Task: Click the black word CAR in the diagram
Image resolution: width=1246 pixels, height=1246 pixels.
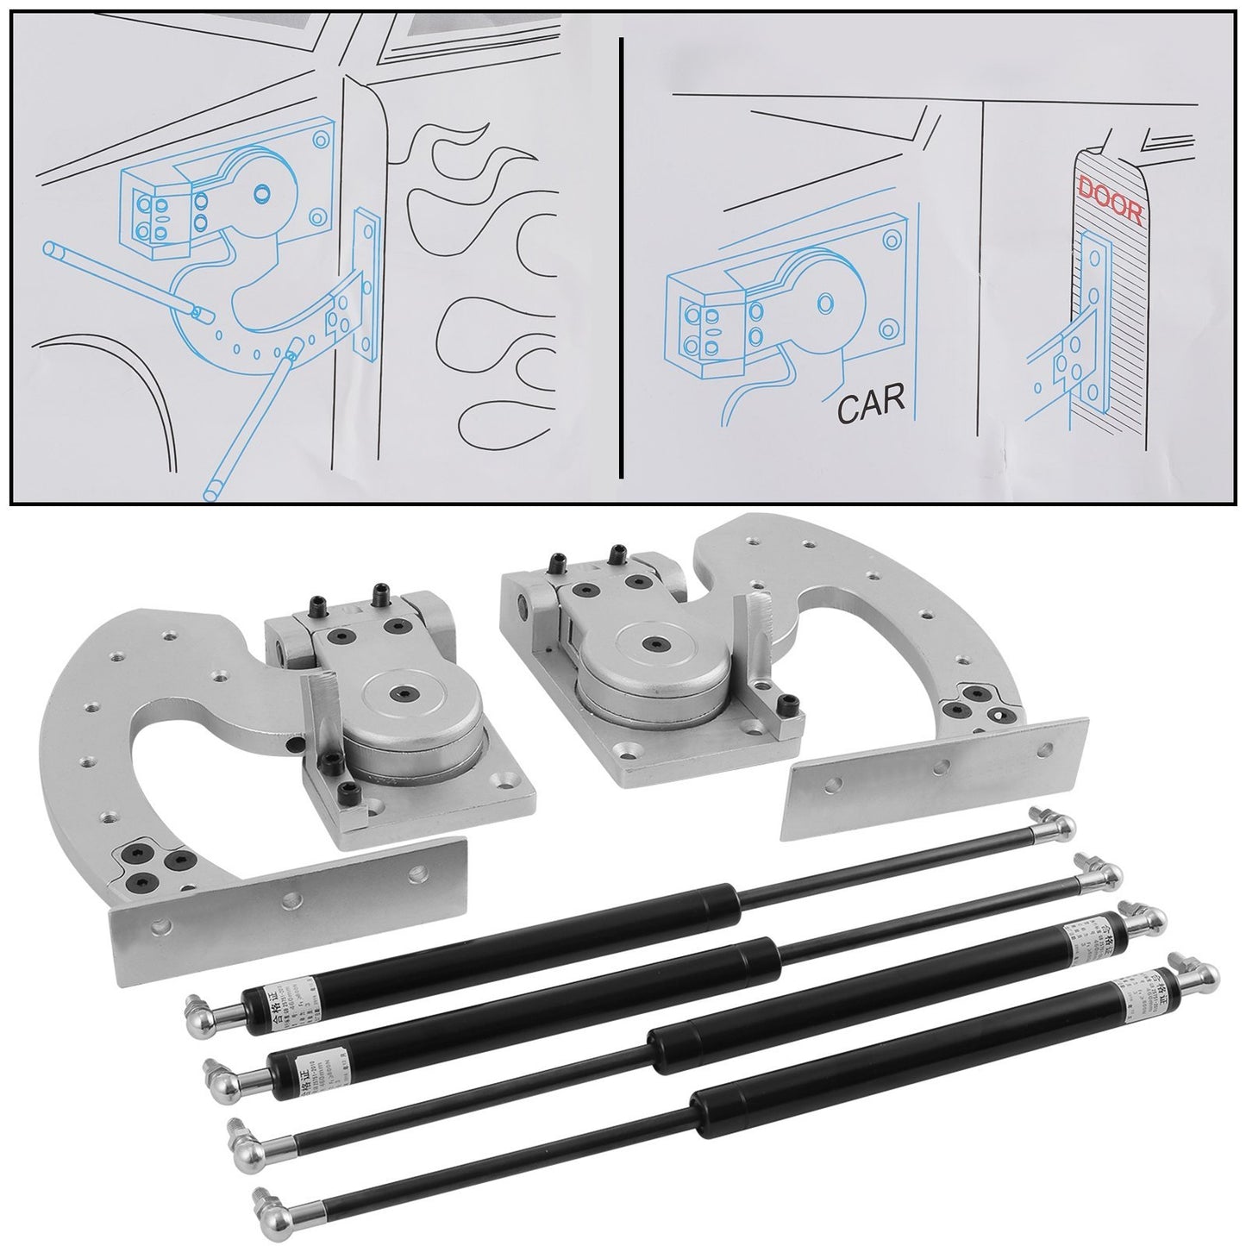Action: point(868,398)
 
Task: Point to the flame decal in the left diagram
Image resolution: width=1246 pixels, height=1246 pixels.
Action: point(466,216)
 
